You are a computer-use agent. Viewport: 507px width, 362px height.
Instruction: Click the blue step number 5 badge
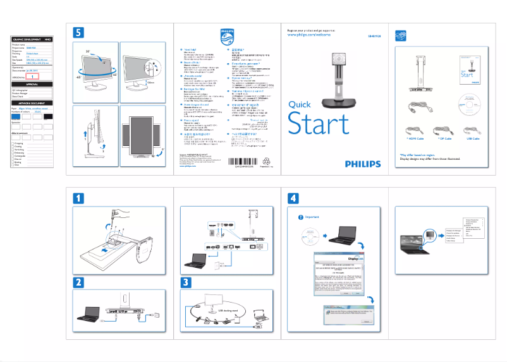point(78,32)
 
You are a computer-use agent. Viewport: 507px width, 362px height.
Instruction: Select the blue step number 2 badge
point(78,282)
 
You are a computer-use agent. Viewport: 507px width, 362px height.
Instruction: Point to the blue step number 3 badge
point(186,282)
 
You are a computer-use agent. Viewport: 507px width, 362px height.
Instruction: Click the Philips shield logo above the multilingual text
point(226,35)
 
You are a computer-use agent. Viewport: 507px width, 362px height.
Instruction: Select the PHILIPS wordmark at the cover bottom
point(363,164)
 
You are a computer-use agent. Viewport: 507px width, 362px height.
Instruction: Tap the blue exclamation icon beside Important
point(300,217)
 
